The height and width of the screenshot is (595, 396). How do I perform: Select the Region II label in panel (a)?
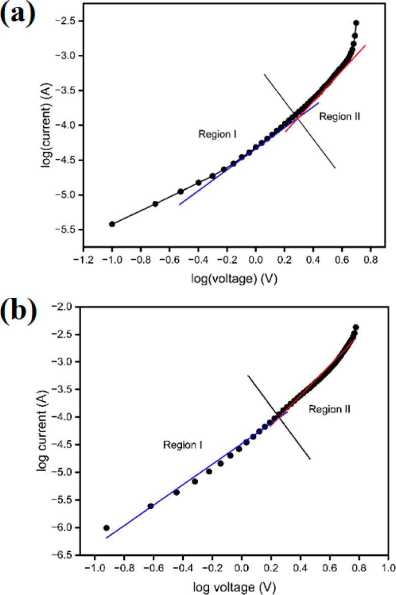[x=340, y=117]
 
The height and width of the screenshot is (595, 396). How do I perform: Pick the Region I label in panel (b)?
[x=183, y=445]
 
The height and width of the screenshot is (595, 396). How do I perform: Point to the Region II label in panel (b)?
[x=329, y=408]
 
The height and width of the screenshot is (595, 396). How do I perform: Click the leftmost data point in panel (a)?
[x=112, y=224]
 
